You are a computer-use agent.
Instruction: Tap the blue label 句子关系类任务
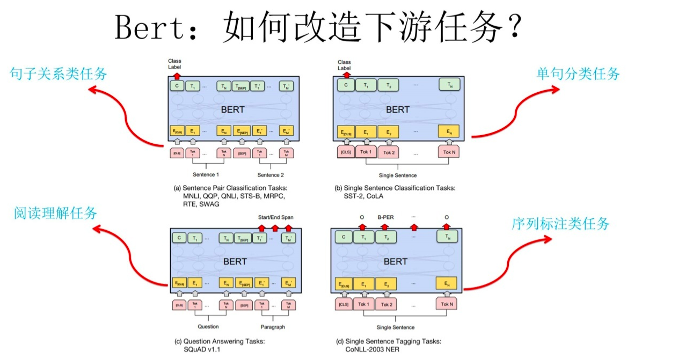(x=59, y=73)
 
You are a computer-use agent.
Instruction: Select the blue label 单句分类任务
(x=578, y=74)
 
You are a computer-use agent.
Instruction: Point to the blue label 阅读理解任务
(x=56, y=213)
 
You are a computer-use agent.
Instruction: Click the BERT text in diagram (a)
(x=232, y=109)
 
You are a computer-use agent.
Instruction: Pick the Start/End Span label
(x=275, y=217)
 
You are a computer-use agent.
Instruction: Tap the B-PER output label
(x=385, y=218)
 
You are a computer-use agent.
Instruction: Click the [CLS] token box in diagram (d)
(x=344, y=305)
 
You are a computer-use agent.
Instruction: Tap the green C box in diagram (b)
(x=346, y=85)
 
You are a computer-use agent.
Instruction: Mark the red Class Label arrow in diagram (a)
(x=177, y=76)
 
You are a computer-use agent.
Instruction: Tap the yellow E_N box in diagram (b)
(x=449, y=131)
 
